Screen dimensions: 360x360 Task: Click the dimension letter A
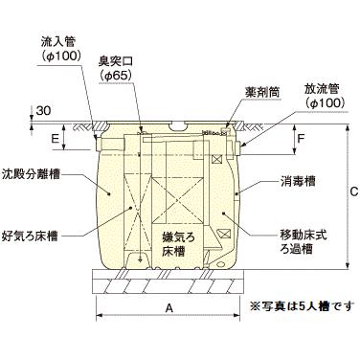(169, 309)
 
